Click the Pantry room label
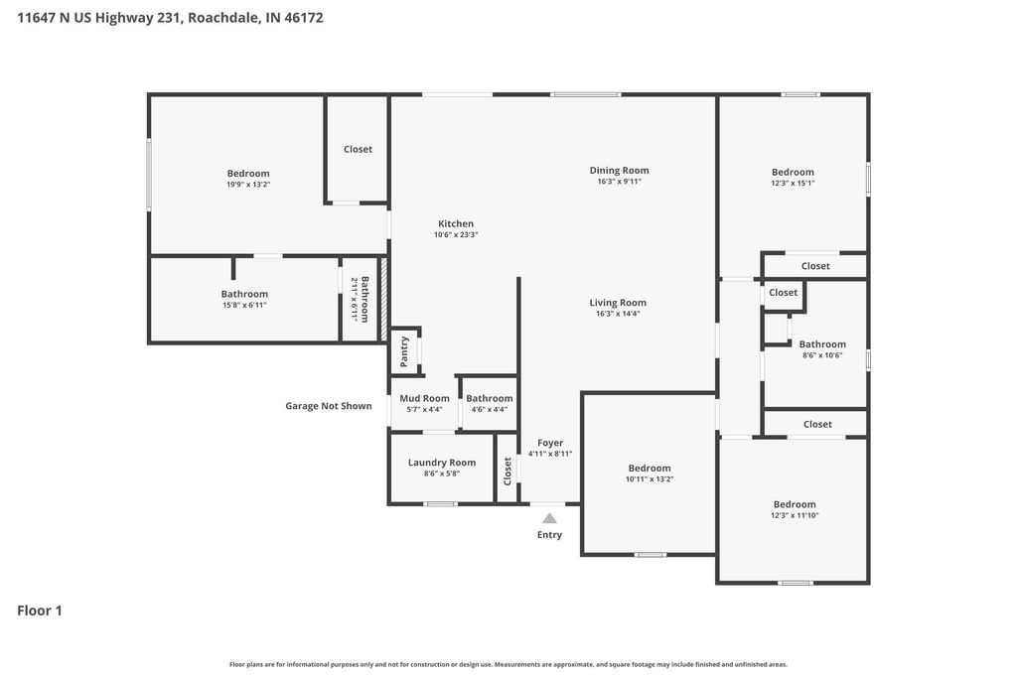(404, 351)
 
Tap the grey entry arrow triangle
(549, 518)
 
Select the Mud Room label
(424, 398)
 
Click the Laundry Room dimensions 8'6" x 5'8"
(442, 474)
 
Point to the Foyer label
(550, 443)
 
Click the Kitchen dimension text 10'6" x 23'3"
(456, 235)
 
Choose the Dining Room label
(619, 171)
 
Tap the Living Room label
(618, 303)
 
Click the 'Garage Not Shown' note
(329, 406)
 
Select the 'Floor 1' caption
(40, 610)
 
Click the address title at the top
(170, 18)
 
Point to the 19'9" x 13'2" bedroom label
(248, 174)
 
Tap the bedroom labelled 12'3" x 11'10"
(795, 504)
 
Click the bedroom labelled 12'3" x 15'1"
(793, 173)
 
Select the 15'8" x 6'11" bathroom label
(244, 294)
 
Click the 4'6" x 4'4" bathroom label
(490, 398)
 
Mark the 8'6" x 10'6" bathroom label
(822, 344)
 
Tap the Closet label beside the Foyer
(508, 469)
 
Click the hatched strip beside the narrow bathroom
(383, 300)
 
